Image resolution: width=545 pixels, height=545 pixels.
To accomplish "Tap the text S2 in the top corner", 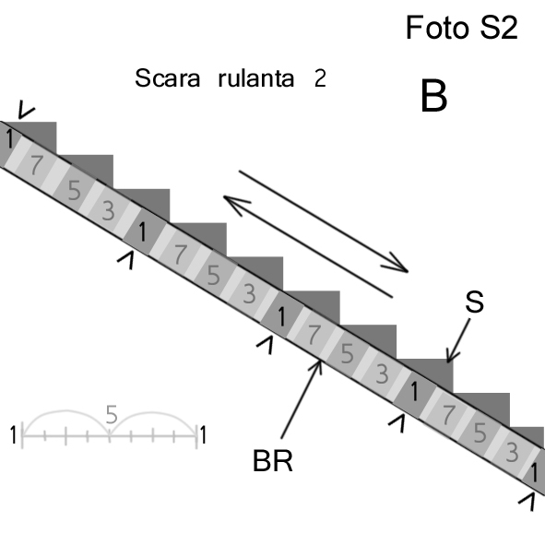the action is [x=499, y=28].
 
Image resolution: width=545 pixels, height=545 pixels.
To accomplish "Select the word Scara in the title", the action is [x=168, y=78].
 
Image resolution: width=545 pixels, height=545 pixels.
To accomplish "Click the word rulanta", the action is [x=256, y=77].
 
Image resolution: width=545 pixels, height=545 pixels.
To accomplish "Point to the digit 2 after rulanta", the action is [x=320, y=78].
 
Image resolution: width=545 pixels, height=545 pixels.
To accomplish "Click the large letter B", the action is [x=433, y=96].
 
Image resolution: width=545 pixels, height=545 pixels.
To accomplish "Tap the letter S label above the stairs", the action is [x=474, y=302].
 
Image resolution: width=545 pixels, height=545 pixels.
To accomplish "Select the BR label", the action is [x=273, y=461].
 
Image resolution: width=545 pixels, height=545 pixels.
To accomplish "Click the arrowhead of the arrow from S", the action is [x=449, y=361].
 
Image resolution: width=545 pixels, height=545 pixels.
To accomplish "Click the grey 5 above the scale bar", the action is [x=112, y=414].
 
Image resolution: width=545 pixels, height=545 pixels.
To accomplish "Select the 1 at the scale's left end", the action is [x=13, y=435].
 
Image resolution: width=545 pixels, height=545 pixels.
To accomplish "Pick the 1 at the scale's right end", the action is [x=203, y=435].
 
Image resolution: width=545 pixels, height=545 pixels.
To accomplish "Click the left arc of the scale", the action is [x=65, y=411].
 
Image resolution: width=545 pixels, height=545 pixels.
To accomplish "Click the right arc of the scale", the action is [x=152, y=412].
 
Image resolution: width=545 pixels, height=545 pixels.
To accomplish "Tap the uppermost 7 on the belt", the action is [x=36, y=165].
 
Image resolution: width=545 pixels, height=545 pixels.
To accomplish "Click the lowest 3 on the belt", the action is [x=512, y=453].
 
